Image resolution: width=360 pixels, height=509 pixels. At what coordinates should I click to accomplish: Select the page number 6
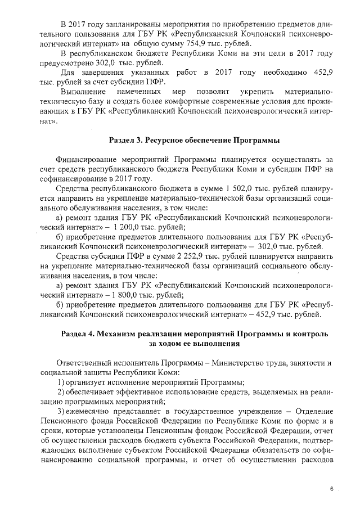(332, 490)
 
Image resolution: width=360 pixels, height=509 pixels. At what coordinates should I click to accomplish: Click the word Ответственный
(87, 363)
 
